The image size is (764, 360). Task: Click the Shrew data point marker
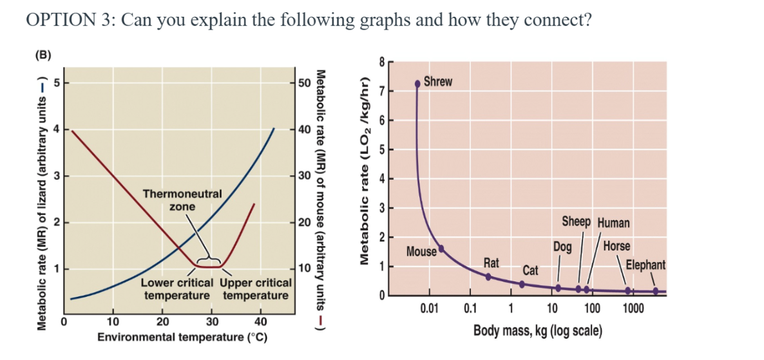click(x=417, y=83)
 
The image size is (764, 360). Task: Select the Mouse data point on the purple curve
click(x=441, y=248)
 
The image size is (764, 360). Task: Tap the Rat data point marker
click(x=488, y=276)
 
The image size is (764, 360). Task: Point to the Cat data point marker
click(x=521, y=284)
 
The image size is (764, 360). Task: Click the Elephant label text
click(x=645, y=265)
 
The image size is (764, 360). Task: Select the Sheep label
click(x=576, y=222)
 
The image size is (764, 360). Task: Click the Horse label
click(x=617, y=246)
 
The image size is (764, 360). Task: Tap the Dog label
click(x=562, y=247)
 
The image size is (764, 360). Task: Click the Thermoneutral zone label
click(x=182, y=200)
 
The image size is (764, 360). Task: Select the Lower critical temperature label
click(x=177, y=289)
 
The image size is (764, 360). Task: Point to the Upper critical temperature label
click(x=256, y=289)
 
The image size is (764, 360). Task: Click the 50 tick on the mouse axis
click(x=305, y=82)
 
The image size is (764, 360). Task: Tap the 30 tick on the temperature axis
click(x=213, y=322)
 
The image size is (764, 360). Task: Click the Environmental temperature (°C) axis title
click(x=182, y=337)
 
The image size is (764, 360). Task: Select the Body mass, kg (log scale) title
click(x=538, y=331)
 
